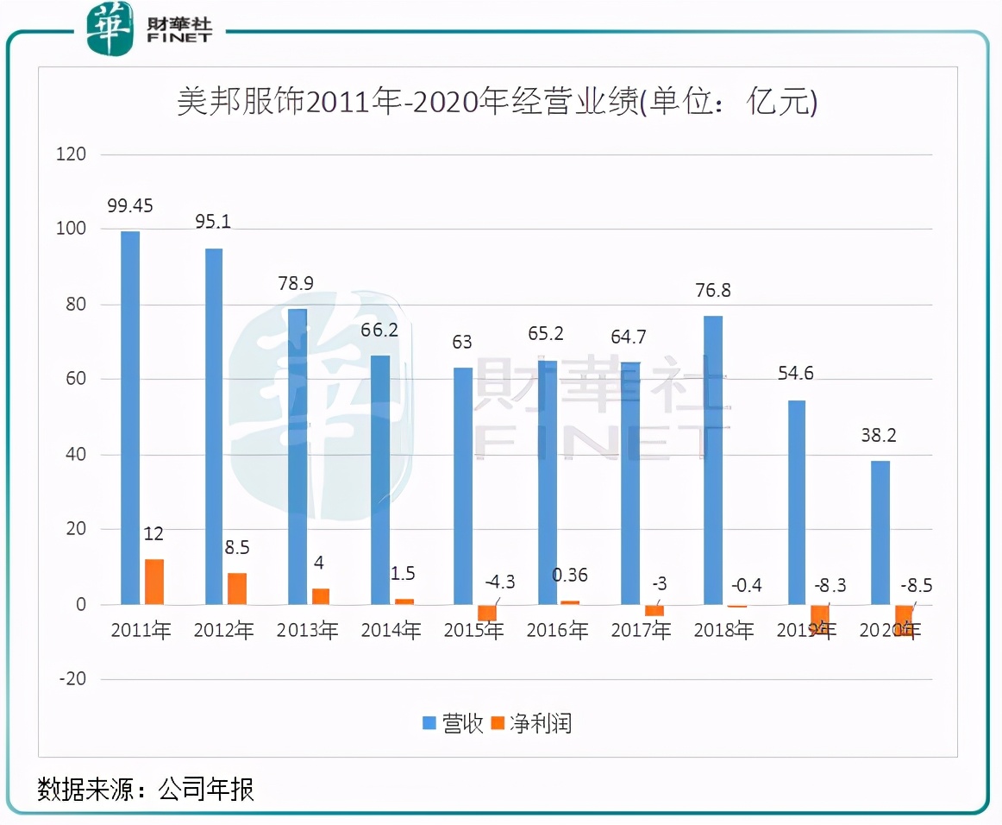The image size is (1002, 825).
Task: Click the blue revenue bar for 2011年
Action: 130,418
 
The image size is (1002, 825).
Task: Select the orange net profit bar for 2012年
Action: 237,589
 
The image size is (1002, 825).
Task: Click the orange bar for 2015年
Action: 487,613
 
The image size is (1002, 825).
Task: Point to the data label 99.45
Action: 130,206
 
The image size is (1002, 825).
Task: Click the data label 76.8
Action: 713,291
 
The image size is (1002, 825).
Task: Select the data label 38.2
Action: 879,436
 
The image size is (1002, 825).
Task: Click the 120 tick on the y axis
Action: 72,154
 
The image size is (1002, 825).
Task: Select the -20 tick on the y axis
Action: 72,679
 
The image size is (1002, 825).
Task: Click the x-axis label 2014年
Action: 391,631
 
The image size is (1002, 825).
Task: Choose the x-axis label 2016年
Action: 558,631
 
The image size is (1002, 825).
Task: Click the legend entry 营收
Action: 453,723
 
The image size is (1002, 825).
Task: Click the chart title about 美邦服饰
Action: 497,103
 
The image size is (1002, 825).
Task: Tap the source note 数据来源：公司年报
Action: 146,789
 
